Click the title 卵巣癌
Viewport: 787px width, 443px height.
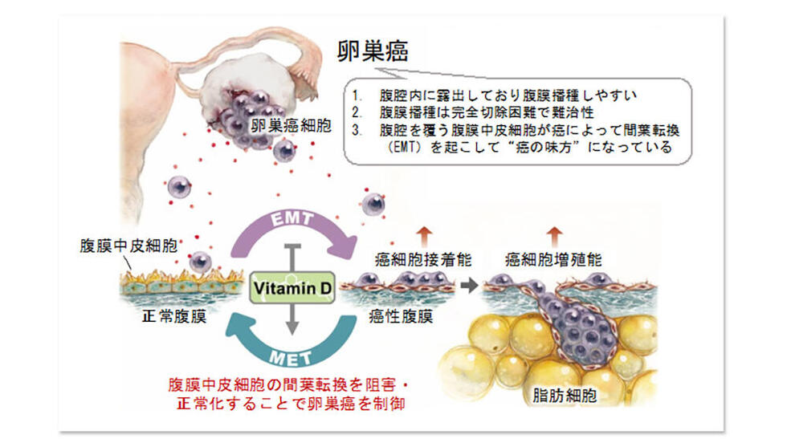(x=373, y=51)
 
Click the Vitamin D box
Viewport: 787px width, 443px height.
(x=292, y=288)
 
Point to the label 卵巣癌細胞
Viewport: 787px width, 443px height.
(x=291, y=125)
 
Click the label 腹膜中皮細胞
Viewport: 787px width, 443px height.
(x=128, y=246)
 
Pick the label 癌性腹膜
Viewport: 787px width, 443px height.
(x=401, y=316)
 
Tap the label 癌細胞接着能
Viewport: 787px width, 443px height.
(x=423, y=259)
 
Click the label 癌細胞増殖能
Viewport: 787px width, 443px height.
(x=553, y=259)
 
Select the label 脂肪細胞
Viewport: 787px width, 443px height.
(x=565, y=396)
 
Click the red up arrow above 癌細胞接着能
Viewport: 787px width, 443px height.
(x=424, y=236)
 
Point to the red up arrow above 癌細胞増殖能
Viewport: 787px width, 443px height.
(x=554, y=236)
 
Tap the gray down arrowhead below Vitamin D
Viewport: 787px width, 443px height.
(x=292, y=327)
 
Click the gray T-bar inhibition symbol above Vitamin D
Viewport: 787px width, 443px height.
(x=292, y=258)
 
